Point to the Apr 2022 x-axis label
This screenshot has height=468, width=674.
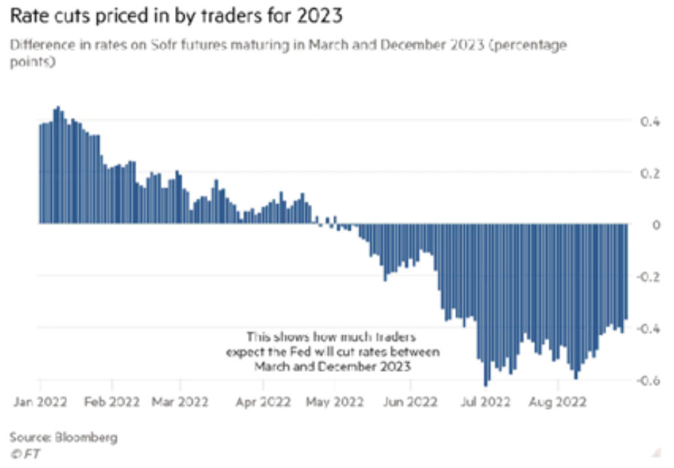266,401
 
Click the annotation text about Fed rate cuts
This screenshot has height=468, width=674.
333,352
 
